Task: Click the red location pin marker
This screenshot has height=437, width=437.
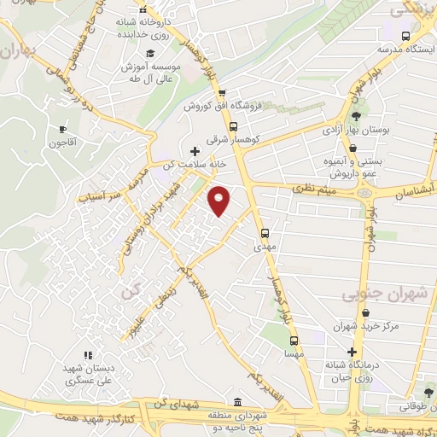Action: click(x=219, y=201)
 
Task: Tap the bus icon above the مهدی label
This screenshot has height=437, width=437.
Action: click(x=265, y=232)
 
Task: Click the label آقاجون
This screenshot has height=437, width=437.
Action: click(x=62, y=143)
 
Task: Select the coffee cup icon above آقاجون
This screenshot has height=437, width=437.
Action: click(x=61, y=129)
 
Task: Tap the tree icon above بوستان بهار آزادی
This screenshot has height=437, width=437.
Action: click(x=356, y=117)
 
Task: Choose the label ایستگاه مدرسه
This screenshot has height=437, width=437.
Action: click(x=405, y=50)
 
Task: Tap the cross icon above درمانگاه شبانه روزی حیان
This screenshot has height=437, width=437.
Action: click(x=350, y=352)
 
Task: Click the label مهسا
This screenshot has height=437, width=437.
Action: click(x=293, y=352)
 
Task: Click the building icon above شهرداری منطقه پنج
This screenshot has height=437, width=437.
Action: click(x=236, y=402)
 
